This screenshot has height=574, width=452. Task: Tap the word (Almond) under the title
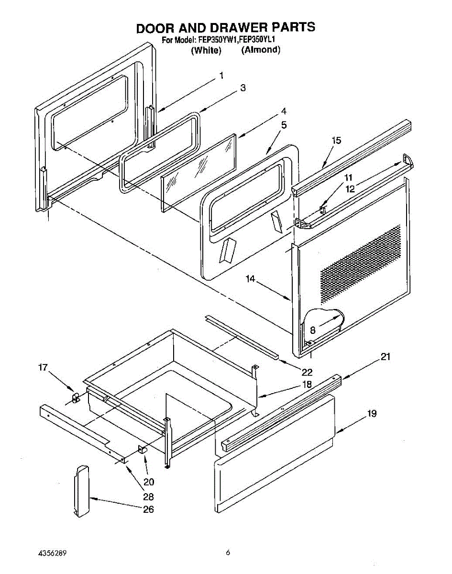261,50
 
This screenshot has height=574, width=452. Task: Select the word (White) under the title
206,50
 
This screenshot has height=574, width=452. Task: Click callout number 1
221,75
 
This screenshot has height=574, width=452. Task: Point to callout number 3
243,88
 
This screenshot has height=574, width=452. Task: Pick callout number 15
336,140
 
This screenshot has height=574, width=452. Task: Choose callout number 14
251,278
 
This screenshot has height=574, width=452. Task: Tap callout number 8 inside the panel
312,330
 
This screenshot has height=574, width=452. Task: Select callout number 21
386,356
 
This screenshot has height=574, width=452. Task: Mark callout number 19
372,414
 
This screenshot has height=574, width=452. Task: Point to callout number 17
43,367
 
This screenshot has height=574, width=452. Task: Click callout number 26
149,509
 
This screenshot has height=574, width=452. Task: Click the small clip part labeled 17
75,397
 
